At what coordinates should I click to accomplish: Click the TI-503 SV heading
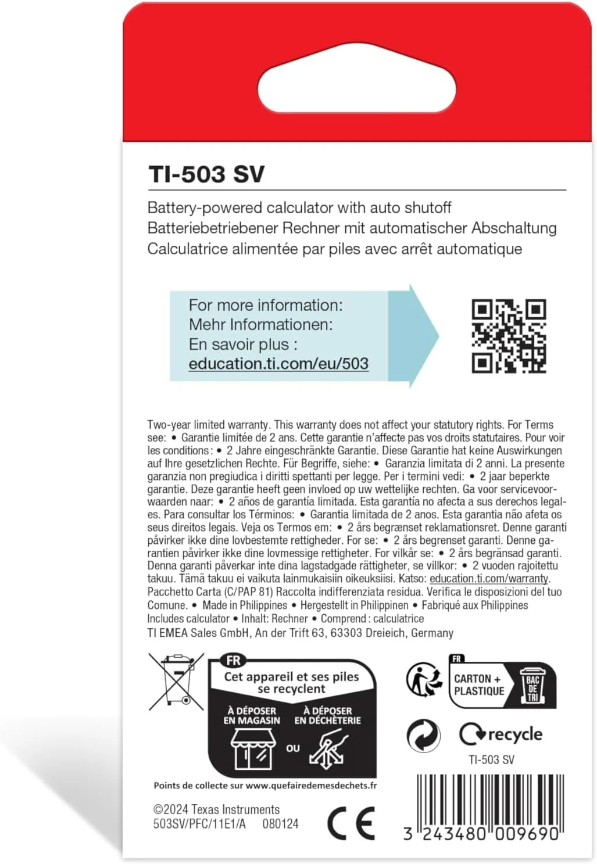(206, 174)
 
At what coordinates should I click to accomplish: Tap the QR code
(509, 336)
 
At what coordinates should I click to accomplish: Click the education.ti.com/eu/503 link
(278, 364)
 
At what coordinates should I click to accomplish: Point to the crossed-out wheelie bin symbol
(176, 681)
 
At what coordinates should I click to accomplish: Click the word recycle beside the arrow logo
(515, 734)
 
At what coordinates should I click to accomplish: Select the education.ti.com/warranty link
(489, 579)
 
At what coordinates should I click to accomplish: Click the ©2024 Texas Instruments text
(216, 809)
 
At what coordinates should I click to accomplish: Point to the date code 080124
(280, 824)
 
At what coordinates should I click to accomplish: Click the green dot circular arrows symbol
(423, 735)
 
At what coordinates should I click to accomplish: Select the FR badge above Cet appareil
(233, 661)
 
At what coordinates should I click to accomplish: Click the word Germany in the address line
(432, 633)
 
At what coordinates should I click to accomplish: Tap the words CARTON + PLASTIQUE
(479, 685)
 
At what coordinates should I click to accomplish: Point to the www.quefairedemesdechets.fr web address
(311, 786)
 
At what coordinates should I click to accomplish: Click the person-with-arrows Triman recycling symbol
(424, 679)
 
